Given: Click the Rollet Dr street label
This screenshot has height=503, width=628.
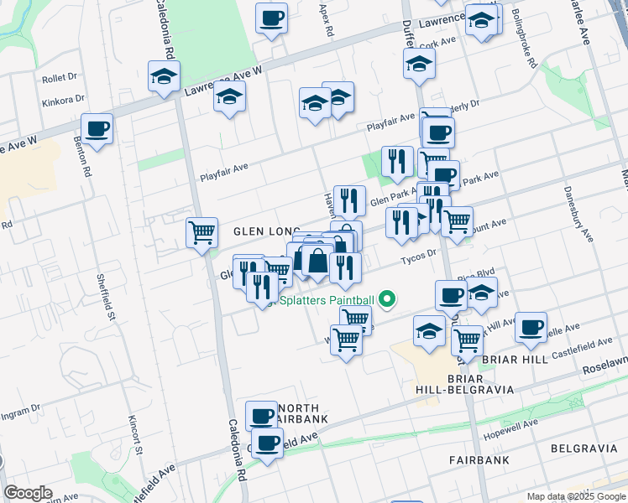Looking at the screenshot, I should [x=59, y=78].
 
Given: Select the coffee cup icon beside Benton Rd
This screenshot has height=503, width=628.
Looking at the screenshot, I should [x=97, y=129].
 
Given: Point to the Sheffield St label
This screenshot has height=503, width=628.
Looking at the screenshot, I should [x=103, y=289].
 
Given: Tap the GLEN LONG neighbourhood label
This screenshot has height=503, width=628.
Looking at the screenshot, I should [x=261, y=231].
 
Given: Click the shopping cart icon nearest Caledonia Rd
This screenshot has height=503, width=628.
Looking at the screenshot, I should [x=201, y=232].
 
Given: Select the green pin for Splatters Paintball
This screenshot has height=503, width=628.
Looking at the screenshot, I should [x=387, y=298].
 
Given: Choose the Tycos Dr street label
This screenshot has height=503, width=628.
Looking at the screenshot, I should [x=419, y=255].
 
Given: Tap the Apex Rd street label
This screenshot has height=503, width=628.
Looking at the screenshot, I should [x=326, y=18].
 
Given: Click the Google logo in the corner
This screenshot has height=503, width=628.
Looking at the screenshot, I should [x=28, y=493].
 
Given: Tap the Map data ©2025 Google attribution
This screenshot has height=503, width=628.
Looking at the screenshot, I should [x=576, y=496].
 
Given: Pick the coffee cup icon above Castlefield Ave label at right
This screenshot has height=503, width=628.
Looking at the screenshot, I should [x=530, y=327].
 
